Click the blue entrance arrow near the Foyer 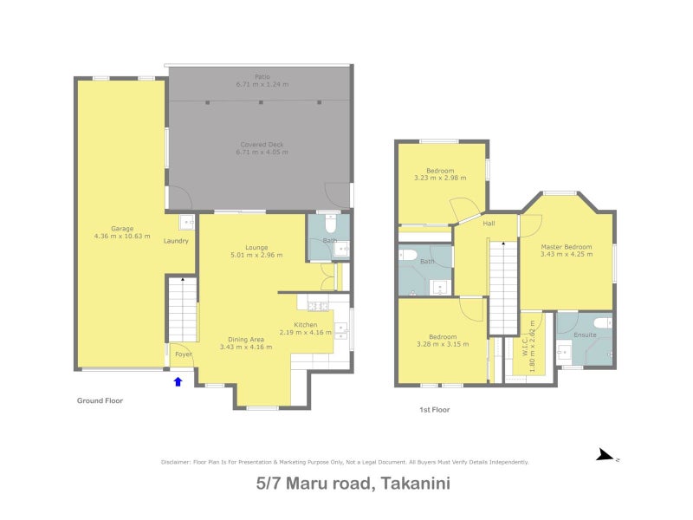pyautogui.click(x=178, y=380)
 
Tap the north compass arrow pyautogui.click(x=605, y=455)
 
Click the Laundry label pyautogui.click(x=176, y=241)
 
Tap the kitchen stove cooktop pyautogui.click(x=316, y=305)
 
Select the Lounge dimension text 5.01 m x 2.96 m pyautogui.click(x=256, y=256)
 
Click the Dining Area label pyautogui.click(x=246, y=339)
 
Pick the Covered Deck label pyautogui.click(x=260, y=144)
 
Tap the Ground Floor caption pyautogui.click(x=100, y=401)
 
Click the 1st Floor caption pyautogui.click(x=433, y=409)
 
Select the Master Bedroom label pyautogui.click(x=566, y=247)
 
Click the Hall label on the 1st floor pyautogui.click(x=489, y=224)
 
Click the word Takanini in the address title pyautogui.click(x=413, y=486)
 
